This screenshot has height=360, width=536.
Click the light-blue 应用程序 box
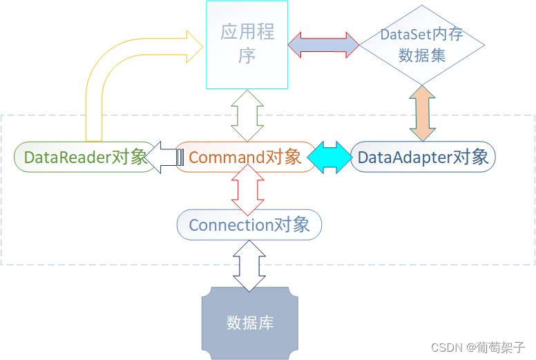point(247,45)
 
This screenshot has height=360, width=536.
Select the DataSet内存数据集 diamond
point(422,45)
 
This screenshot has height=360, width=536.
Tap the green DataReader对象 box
point(85,157)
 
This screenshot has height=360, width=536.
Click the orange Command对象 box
point(245,157)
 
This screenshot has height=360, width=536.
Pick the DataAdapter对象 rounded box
point(423,157)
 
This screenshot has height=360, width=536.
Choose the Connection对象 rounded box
point(249,225)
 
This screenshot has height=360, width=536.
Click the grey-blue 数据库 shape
point(250,323)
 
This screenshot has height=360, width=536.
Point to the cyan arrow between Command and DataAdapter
point(329,157)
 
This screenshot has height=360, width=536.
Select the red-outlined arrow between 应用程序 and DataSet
point(323,44)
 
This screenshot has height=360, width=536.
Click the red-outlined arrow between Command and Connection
point(247,191)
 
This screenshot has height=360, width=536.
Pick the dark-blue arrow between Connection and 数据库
point(249,265)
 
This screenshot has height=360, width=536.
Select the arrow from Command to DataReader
point(164,157)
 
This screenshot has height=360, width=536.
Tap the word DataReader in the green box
point(66,157)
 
